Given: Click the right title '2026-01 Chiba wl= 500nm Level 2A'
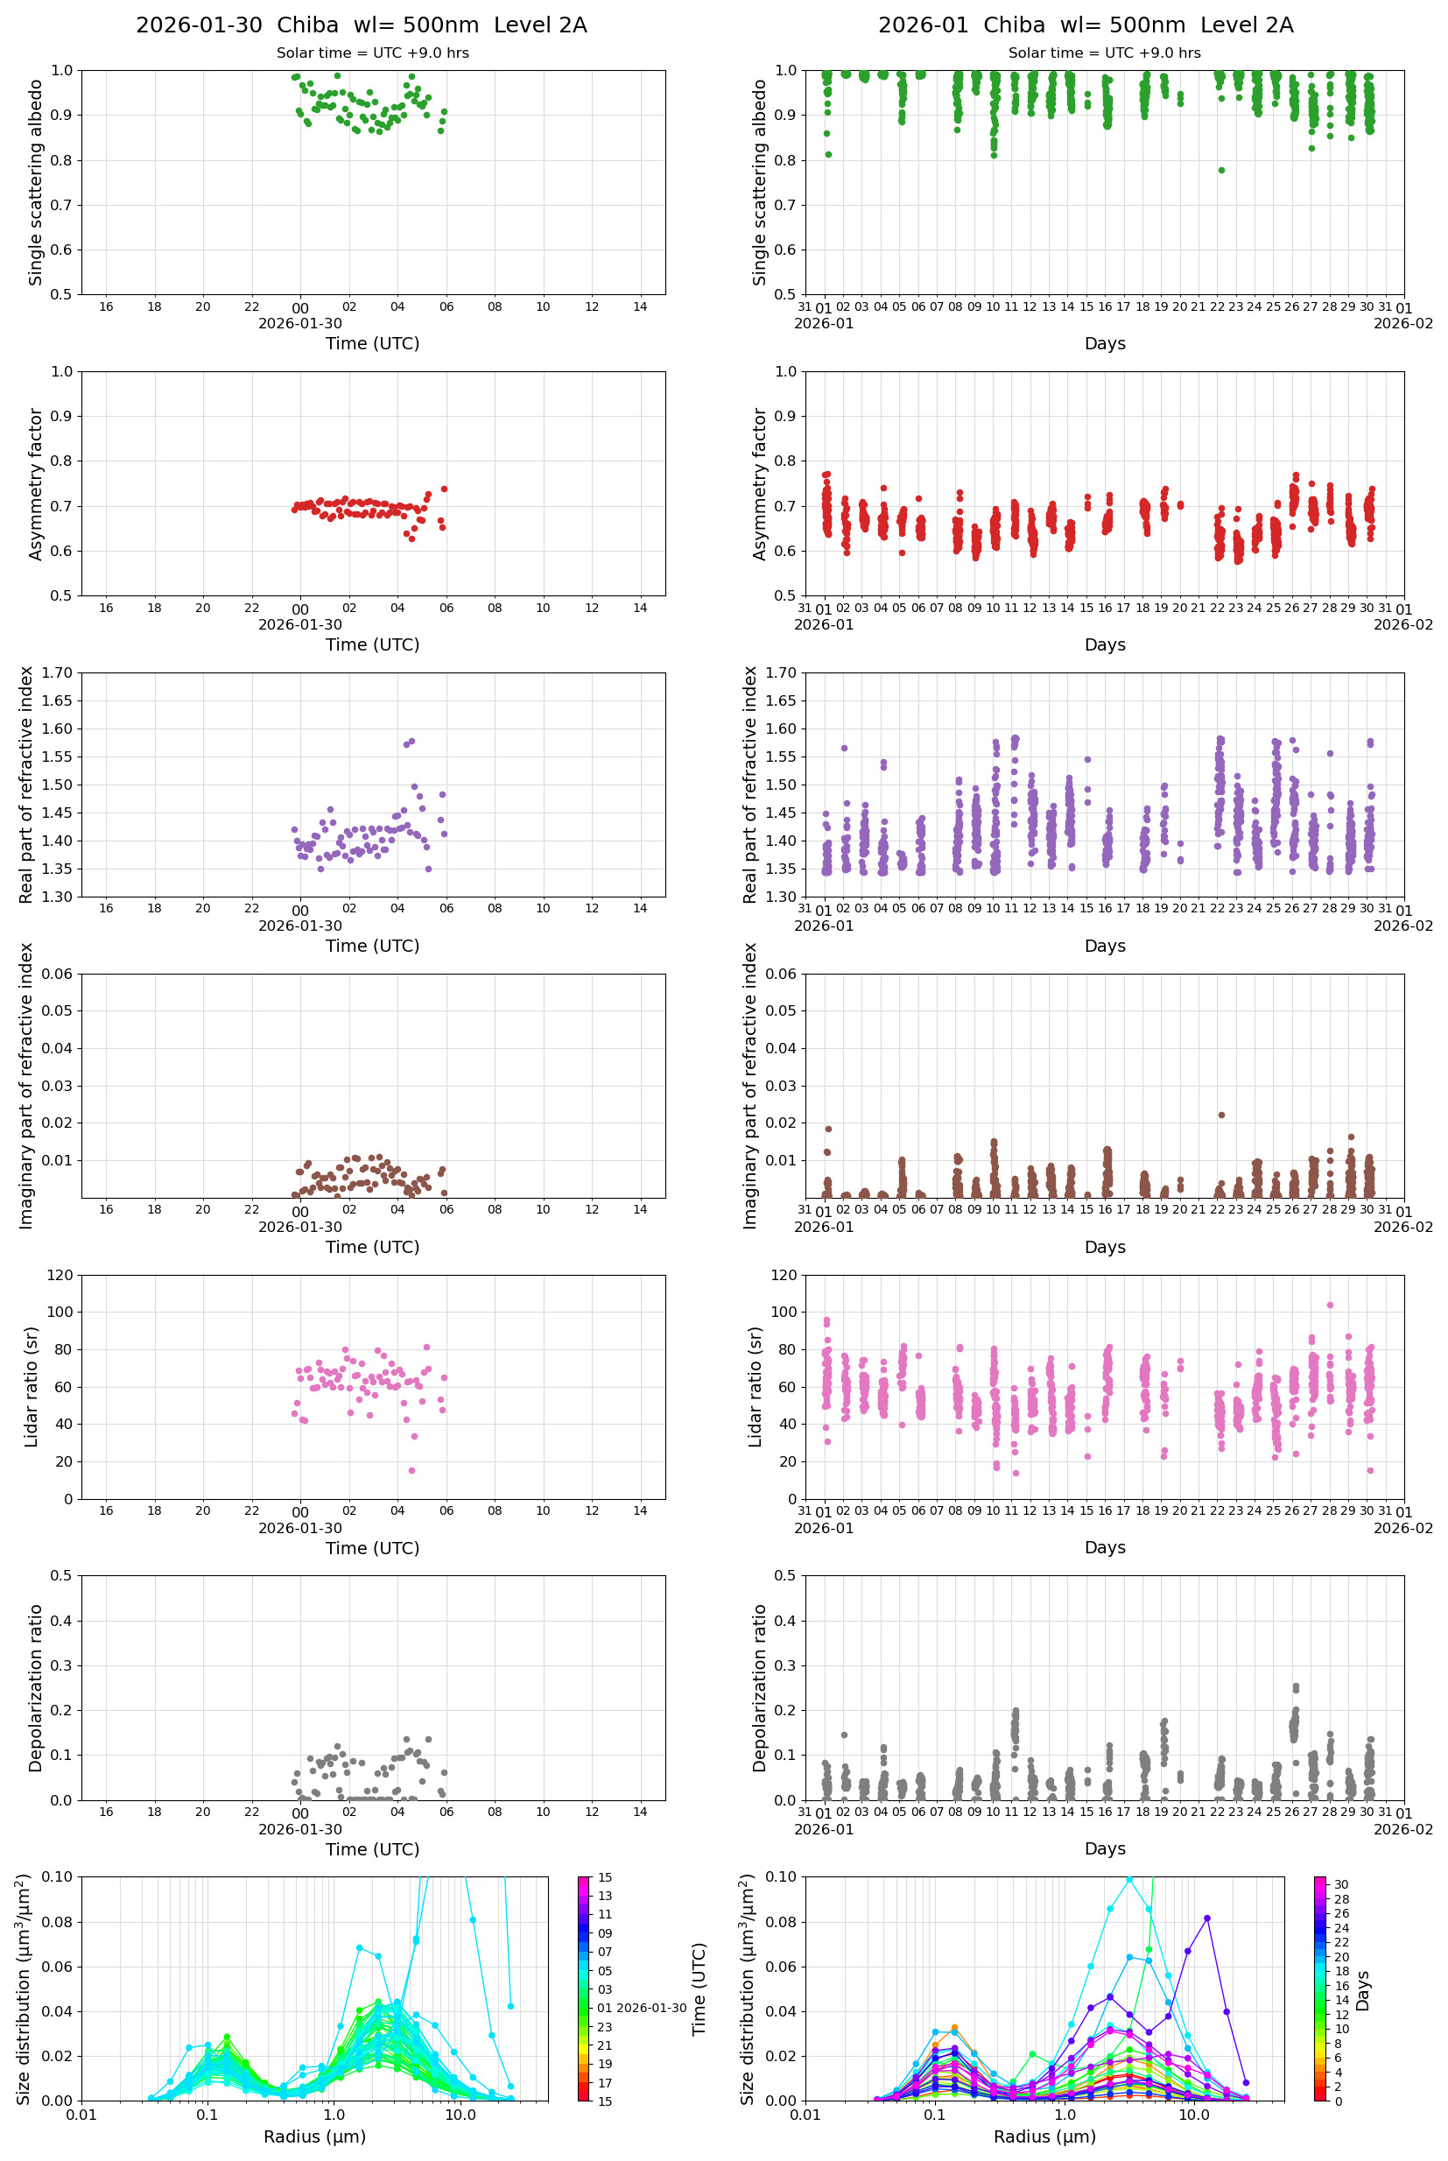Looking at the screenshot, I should click(1085, 25).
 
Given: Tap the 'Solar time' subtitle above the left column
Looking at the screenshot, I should click(372, 53).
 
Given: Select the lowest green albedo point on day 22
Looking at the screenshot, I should click(1221, 170).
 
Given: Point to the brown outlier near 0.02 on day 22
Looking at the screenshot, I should click(1221, 1115).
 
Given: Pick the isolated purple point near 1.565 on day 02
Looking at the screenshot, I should click(844, 748).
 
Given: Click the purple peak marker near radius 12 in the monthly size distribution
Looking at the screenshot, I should click(1207, 1918).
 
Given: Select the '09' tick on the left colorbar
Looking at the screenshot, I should click(605, 1932).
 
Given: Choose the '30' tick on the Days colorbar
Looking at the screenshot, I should click(1341, 1884).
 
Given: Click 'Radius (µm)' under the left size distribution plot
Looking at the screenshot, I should click(314, 2136).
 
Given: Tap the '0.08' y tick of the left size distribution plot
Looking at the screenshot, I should click(60, 1922).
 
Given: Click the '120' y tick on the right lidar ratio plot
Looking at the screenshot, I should click(784, 1276).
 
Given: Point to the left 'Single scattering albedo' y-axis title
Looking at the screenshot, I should click(36, 182).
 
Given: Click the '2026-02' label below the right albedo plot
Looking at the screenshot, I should click(1402, 323).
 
